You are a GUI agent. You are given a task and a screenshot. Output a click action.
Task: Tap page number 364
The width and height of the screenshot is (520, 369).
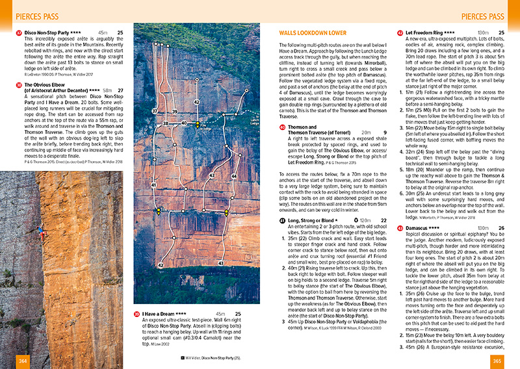pos(22,361)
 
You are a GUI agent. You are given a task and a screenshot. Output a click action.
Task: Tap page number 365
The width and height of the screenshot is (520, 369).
pos(497,361)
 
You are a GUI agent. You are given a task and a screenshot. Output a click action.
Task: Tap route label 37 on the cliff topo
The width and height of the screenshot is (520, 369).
pos(155,111)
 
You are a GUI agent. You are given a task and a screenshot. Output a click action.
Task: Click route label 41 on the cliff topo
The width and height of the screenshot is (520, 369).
pos(154,168)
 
